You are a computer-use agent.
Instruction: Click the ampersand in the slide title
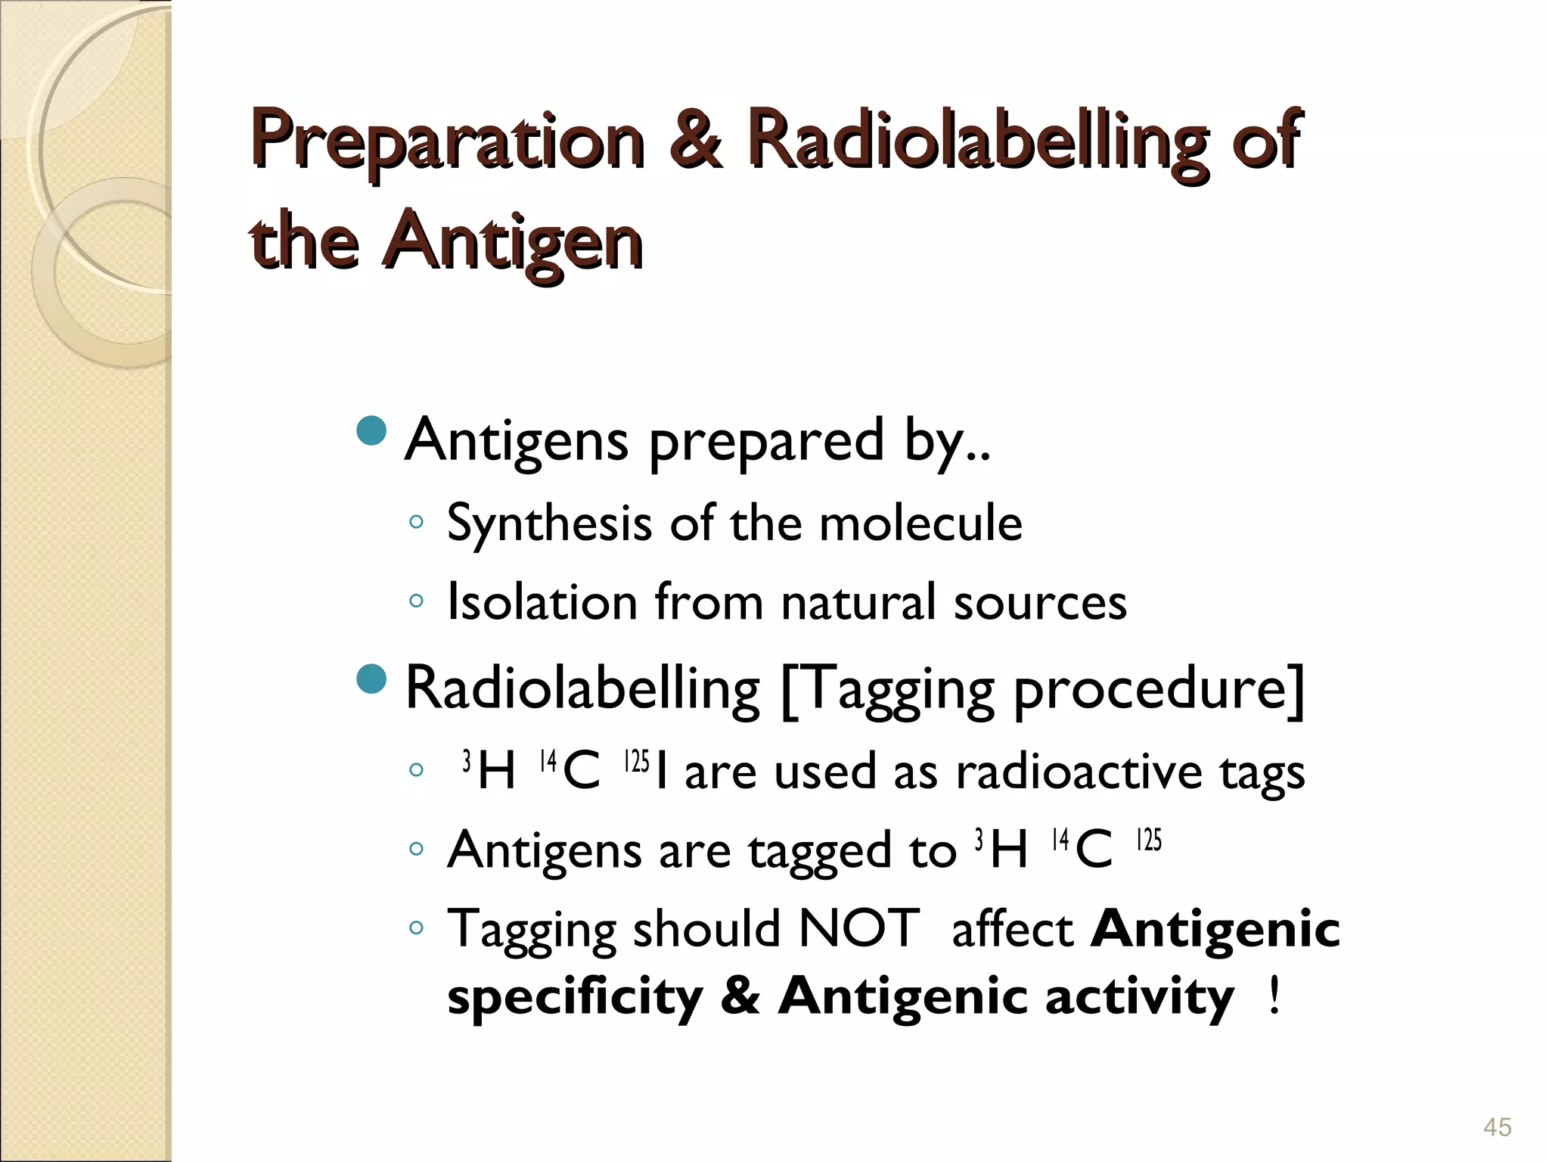[694, 141]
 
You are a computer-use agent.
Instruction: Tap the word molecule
[920, 524]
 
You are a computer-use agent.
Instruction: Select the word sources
[1039, 604]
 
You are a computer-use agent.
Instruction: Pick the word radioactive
[1078, 773]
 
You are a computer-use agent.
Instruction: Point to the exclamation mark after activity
[1274, 996]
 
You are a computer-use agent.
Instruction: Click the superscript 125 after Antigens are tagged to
[1148, 840]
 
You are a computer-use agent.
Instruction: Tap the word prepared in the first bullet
[765, 442]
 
